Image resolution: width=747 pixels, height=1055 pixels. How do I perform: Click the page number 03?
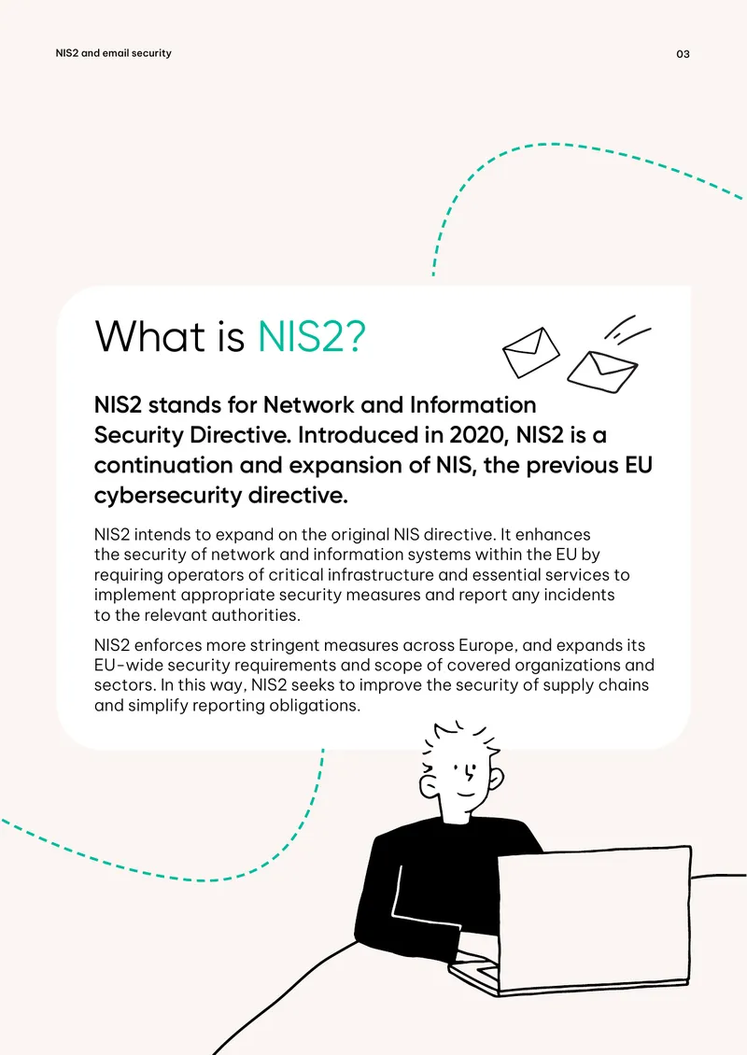pyautogui.click(x=683, y=54)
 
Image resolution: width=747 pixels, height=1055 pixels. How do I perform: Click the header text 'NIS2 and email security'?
pyautogui.click(x=113, y=53)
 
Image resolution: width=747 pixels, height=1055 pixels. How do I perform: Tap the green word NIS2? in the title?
pyautogui.click(x=312, y=336)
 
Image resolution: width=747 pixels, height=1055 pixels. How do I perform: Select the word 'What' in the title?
pyautogui.click(x=150, y=336)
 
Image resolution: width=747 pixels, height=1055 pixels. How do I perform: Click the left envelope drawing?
pyautogui.click(x=531, y=352)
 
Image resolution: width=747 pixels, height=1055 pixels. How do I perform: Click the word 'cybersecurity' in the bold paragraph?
pyautogui.click(x=168, y=496)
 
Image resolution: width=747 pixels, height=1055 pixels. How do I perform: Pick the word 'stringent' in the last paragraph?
pyautogui.click(x=284, y=645)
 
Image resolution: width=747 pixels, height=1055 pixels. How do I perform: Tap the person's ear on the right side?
pyautogui.click(x=495, y=779)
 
